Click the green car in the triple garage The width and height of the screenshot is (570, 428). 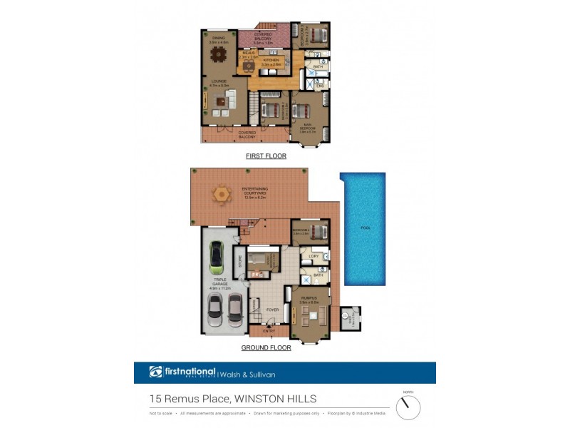click(x=216, y=259)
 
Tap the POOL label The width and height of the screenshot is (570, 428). click(x=366, y=228)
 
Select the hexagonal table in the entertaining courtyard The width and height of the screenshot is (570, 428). click(x=222, y=193)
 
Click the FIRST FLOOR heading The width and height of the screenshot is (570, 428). click(x=264, y=155)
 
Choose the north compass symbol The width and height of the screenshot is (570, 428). click(x=408, y=407)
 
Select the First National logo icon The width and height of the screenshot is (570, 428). click(x=156, y=372)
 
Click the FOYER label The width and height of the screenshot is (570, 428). click(x=272, y=310)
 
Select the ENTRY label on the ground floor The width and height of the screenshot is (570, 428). click(x=269, y=331)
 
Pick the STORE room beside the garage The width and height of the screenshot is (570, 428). click(x=240, y=260)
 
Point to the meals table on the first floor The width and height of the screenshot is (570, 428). click(x=248, y=66)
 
